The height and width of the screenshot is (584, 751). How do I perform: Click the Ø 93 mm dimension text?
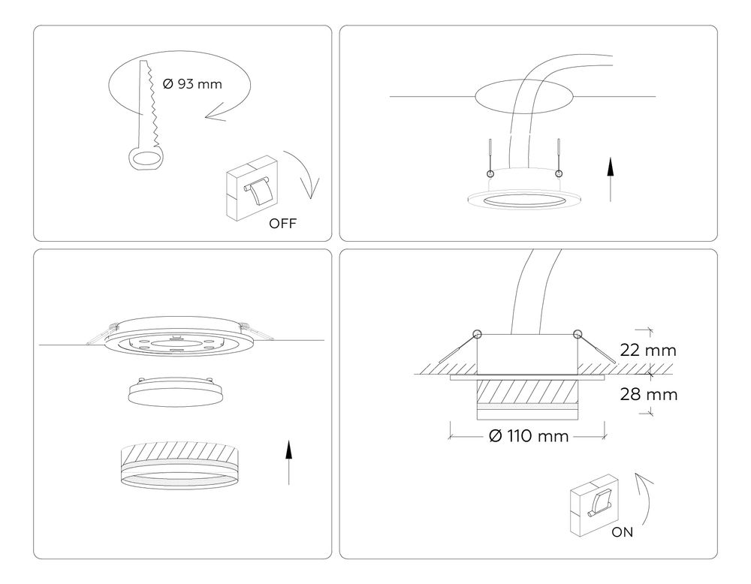pyautogui.click(x=192, y=84)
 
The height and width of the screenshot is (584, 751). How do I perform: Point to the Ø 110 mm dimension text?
pyautogui.click(x=528, y=436)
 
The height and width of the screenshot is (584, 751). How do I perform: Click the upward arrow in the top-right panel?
pyautogui.click(x=611, y=180)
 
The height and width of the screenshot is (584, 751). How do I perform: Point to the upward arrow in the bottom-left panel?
pyautogui.click(x=288, y=462)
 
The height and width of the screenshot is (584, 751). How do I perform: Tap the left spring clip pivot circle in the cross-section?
pyautogui.click(x=477, y=333)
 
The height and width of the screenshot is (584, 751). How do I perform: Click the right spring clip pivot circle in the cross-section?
pyautogui.click(x=577, y=333)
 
